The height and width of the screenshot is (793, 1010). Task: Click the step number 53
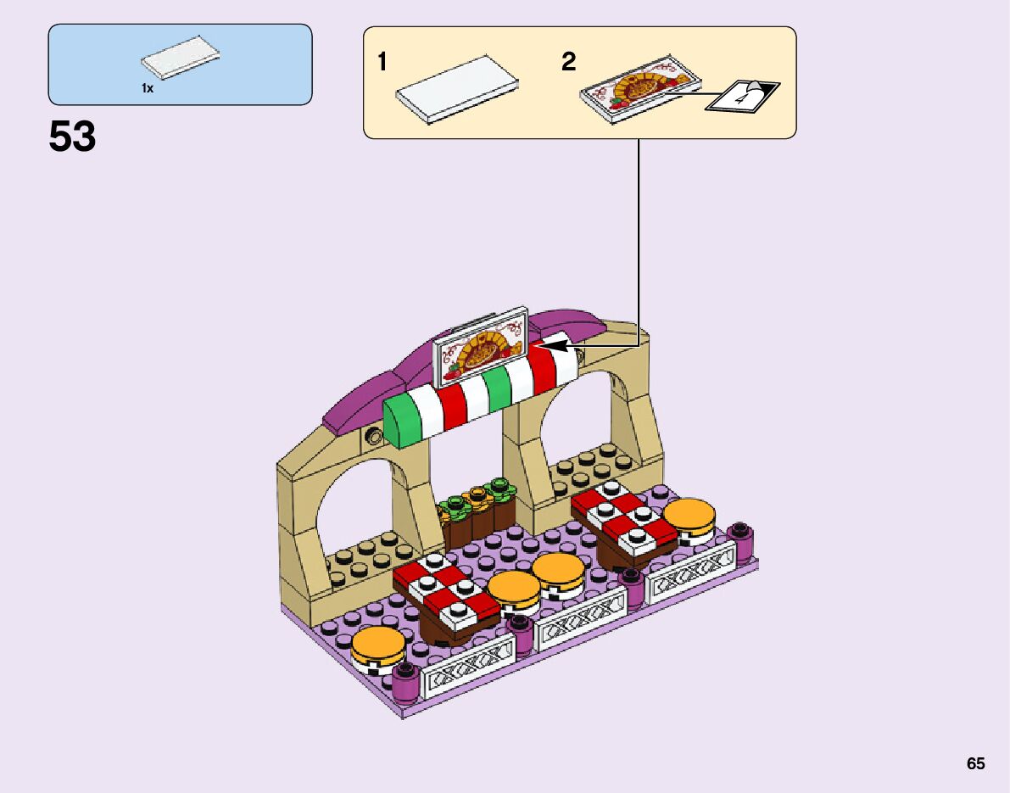[73, 137]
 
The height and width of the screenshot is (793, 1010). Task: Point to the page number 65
[975, 763]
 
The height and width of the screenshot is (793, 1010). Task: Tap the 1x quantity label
[148, 88]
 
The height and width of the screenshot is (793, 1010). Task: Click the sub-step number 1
[382, 62]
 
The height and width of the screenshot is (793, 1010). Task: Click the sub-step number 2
[568, 62]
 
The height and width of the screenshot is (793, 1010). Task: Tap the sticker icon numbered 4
[745, 96]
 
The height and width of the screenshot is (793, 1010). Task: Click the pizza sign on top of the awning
[480, 348]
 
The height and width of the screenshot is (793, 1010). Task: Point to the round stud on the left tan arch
[372, 437]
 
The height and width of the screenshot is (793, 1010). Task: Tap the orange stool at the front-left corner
[378, 647]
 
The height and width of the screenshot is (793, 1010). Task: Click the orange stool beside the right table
[689, 518]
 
